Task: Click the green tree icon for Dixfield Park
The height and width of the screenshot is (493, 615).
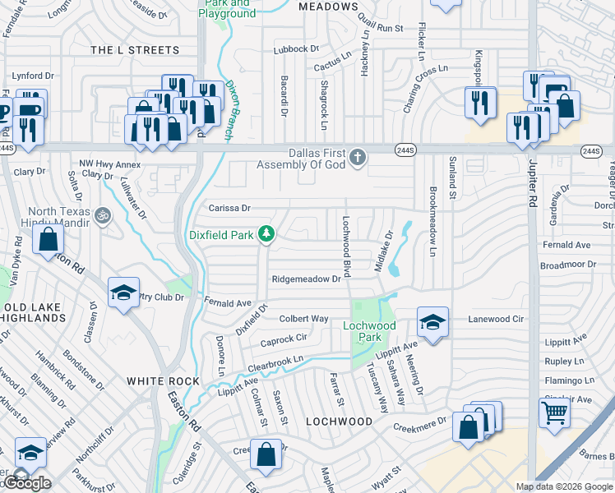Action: (266, 235)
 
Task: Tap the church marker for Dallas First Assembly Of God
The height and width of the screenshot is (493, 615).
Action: (357, 157)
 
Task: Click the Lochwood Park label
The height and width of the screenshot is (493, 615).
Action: (369, 331)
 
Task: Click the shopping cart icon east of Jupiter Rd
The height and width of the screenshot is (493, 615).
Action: (555, 412)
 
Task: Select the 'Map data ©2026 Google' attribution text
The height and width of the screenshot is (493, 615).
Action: (564, 486)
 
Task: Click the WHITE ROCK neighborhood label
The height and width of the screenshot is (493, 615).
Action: (163, 381)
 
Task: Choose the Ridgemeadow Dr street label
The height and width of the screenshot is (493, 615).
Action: (306, 279)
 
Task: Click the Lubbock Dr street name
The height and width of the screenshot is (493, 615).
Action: (297, 48)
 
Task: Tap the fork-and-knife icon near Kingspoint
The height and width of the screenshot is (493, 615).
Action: (478, 102)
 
